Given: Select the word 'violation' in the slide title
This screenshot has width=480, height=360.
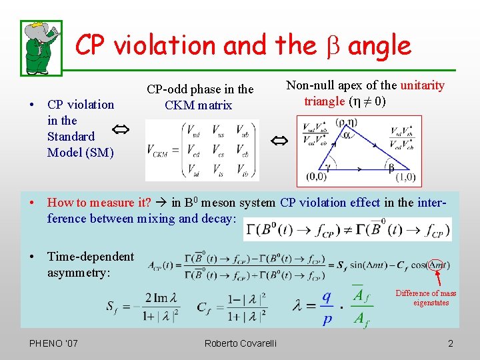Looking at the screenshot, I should [x=166, y=45].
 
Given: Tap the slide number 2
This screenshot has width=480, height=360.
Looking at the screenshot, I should [x=451, y=343].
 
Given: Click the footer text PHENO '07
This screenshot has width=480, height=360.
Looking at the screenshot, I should [x=54, y=343].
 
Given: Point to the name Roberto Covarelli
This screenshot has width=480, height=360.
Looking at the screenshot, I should [x=240, y=343].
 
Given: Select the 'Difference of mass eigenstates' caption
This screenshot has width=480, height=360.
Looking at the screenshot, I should [x=425, y=298].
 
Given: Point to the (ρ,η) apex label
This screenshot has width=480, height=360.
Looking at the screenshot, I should [x=347, y=122].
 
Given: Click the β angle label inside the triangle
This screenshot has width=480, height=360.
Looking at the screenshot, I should [x=391, y=166].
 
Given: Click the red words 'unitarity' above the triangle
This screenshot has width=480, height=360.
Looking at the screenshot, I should [x=422, y=85].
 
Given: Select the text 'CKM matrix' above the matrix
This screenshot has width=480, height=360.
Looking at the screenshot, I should [x=199, y=105].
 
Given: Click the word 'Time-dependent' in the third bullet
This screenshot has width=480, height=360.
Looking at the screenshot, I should [x=91, y=257].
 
